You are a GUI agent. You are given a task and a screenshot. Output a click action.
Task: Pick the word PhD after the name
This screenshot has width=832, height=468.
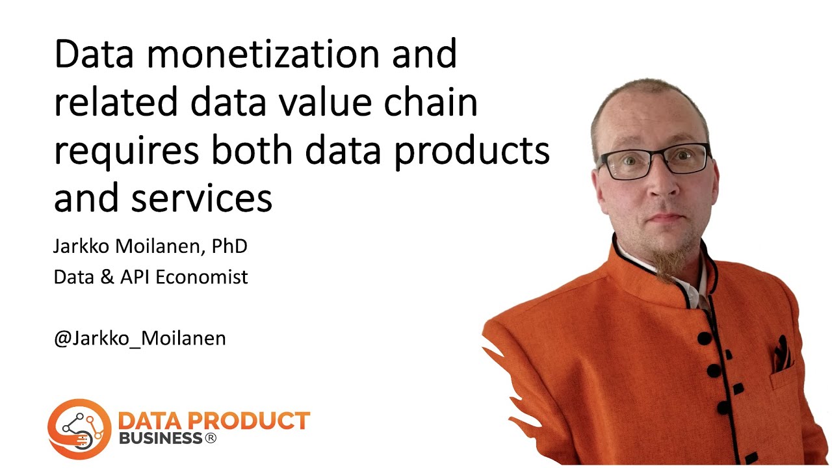point(229,247)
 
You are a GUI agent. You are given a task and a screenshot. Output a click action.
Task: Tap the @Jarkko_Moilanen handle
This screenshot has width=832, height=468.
point(140,339)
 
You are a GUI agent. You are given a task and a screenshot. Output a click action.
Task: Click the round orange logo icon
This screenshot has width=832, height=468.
point(79,429)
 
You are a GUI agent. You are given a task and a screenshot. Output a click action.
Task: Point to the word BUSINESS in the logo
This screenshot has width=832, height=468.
point(160,439)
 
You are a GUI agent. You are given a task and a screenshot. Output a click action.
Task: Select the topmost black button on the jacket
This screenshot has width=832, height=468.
point(705,338)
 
